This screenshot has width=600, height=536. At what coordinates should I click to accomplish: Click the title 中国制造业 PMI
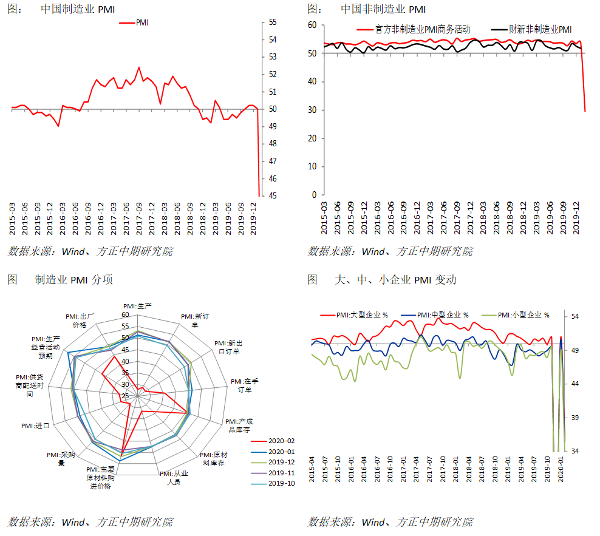[77, 10]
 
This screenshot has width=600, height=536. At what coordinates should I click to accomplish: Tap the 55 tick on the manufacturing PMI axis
[273, 22]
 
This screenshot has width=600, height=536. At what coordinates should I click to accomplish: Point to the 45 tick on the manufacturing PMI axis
[273, 196]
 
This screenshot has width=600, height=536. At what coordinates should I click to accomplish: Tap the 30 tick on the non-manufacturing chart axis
[313, 110]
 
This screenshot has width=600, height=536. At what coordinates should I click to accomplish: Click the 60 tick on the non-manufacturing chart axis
[313, 25]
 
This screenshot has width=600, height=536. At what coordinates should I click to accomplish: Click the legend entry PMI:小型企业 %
[522, 315]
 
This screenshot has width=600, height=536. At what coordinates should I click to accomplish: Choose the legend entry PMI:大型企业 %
[362, 315]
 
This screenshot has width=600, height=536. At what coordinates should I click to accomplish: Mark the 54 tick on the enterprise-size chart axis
[574, 316]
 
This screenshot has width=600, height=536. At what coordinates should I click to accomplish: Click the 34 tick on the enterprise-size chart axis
[574, 451]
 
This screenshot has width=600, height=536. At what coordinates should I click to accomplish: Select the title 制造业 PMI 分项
[73, 280]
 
